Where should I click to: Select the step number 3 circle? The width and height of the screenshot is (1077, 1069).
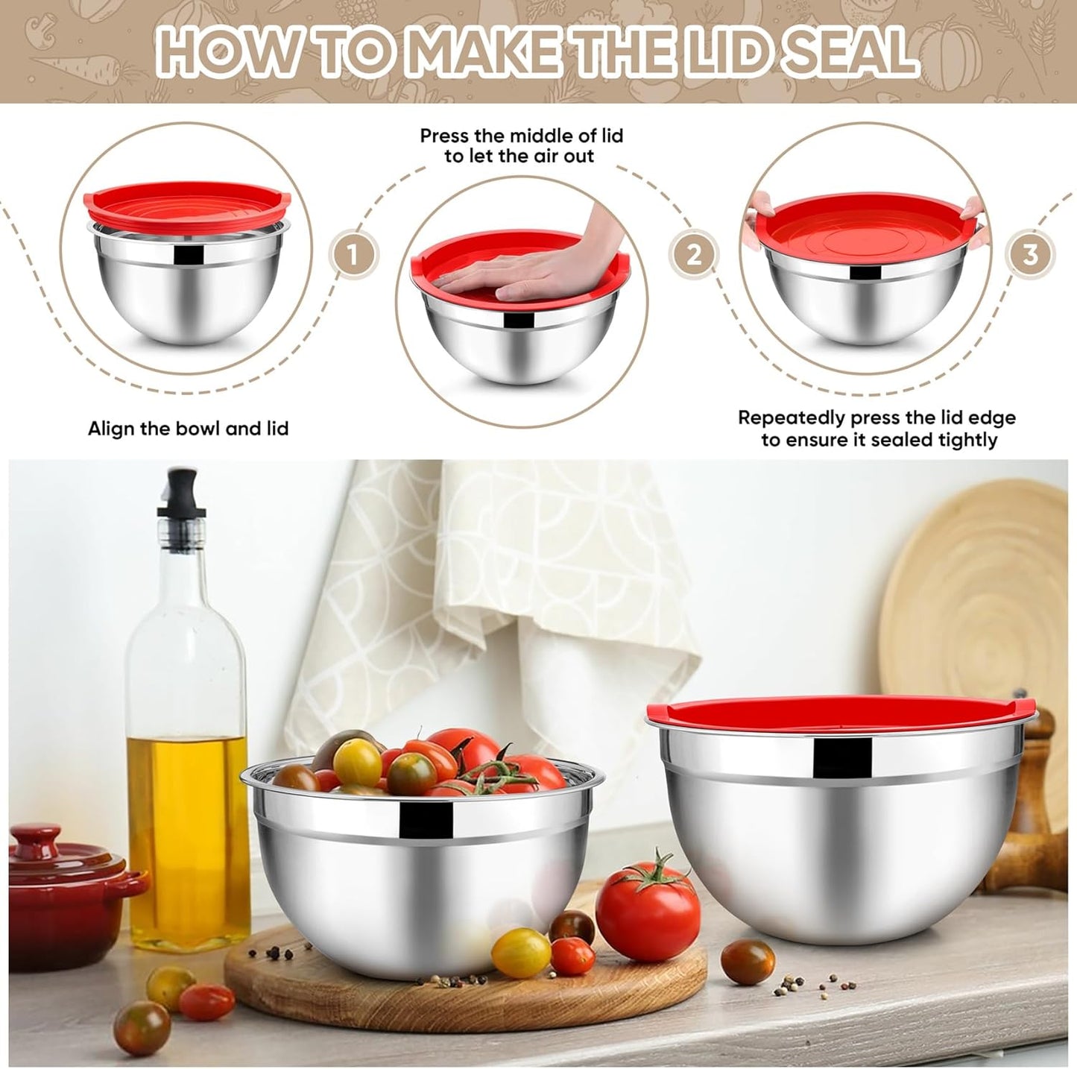[1030, 255]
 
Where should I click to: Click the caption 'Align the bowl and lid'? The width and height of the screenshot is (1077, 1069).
[188, 429]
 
